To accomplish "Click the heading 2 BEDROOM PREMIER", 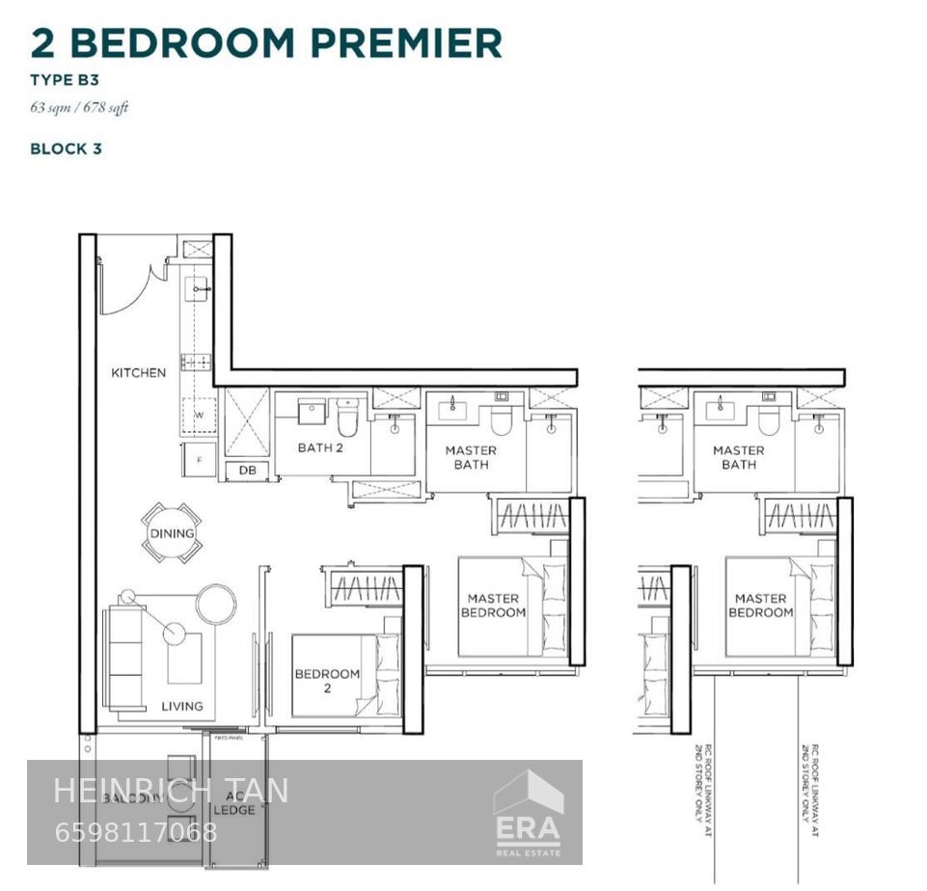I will tap(266, 43).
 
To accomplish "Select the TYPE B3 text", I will tap(65, 80).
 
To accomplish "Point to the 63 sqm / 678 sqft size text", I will tap(79, 107).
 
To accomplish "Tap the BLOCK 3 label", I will tap(66, 148).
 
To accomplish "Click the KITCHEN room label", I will tap(138, 373).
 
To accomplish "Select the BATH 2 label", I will tap(320, 447).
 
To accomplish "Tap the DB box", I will tap(248, 471).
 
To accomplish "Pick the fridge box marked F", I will tap(199, 460).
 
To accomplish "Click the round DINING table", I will tap(172, 533).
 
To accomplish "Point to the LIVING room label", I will tap(182, 706).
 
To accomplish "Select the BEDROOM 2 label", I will tap(327, 681).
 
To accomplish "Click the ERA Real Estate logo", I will tap(528, 812).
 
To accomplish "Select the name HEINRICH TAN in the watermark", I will tap(170, 791).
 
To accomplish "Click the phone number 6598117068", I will tap(136, 832).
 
